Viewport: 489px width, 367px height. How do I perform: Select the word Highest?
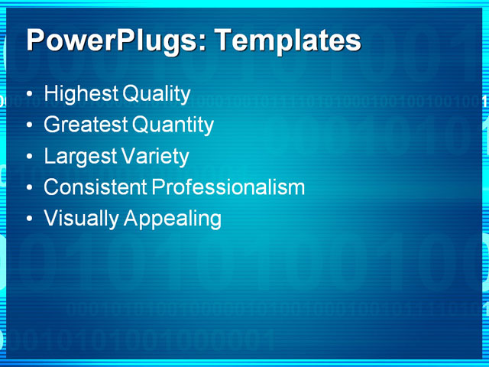(81, 94)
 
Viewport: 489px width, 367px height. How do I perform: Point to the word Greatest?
(86, 125)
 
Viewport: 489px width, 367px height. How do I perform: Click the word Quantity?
(173, 125)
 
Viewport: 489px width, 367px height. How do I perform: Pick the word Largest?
(79, 156)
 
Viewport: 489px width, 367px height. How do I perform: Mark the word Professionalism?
(228, 187)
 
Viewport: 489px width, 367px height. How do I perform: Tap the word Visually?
(81, 218)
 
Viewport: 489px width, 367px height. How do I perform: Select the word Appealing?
(173, 219)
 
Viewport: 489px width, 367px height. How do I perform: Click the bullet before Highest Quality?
(29, 96)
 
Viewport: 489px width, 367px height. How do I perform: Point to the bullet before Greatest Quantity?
(29, 126)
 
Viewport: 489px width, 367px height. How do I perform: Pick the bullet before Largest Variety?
(29, 158)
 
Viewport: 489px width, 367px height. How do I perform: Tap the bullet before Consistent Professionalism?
(29, 188)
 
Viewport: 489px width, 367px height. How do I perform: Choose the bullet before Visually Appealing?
(29, 219)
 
